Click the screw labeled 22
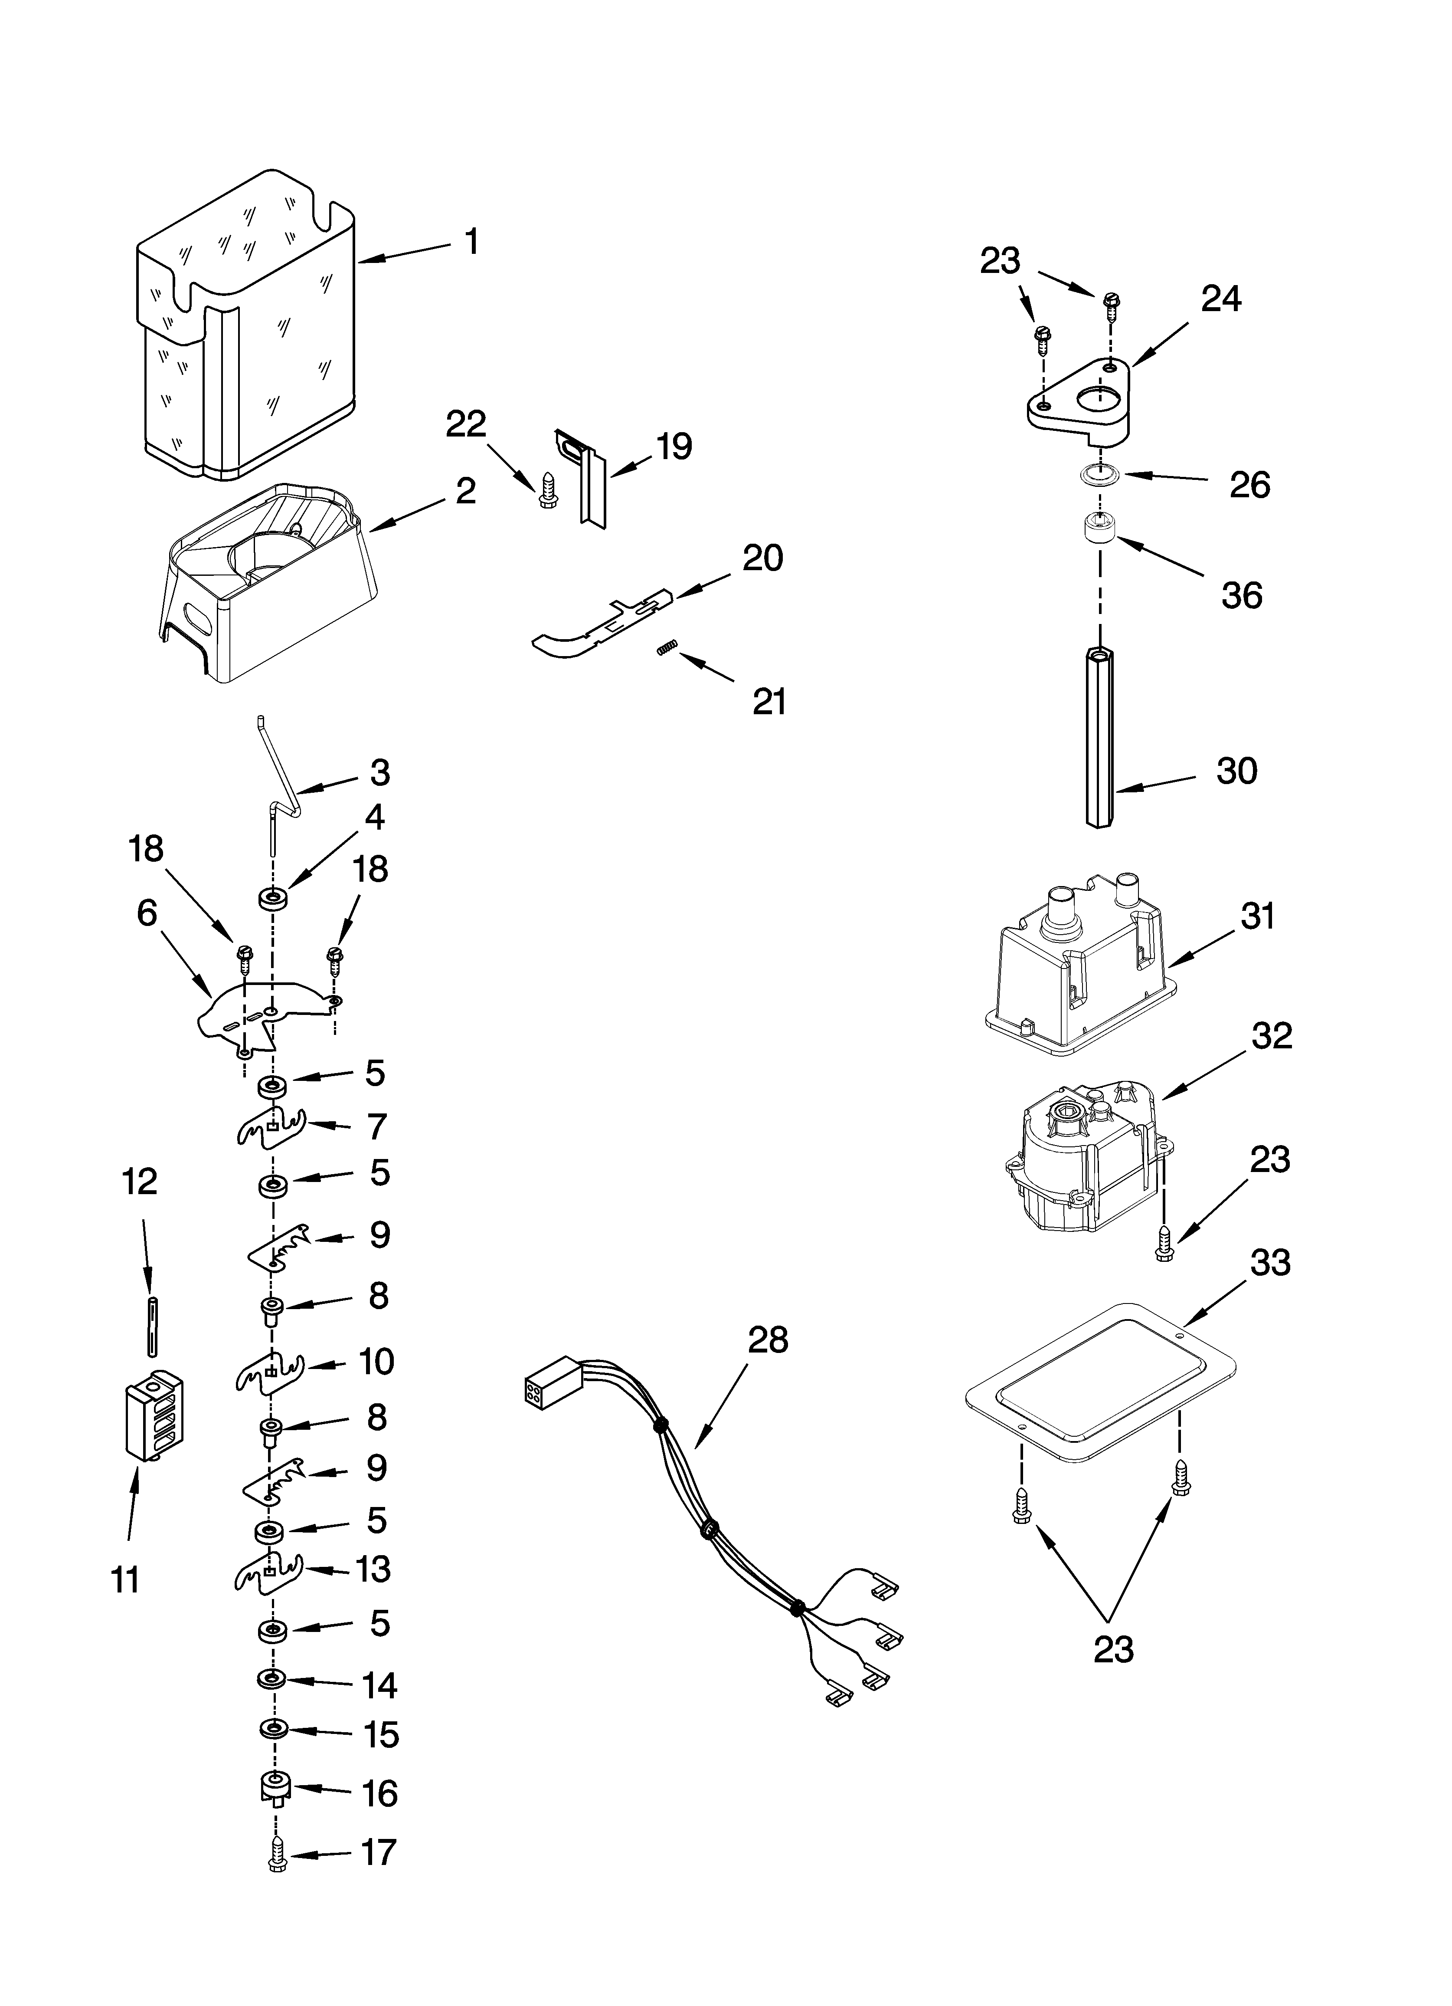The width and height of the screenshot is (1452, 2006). (x=546, y=489)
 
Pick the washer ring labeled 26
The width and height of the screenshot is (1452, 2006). (x=1099, y=476)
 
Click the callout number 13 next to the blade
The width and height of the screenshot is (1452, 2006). (x=372, y=1569)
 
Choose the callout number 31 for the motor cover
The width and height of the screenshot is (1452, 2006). (x=1257, y=916)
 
